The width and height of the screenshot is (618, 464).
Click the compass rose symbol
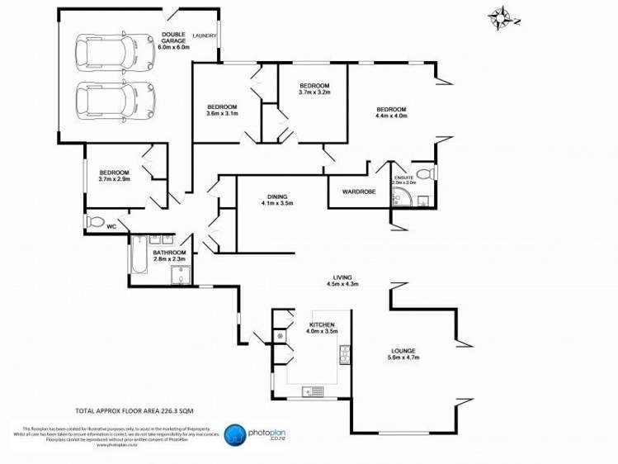coord(502,17)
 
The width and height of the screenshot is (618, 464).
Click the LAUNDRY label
coord(204,36)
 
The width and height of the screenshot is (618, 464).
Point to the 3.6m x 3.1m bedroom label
coord(222,111)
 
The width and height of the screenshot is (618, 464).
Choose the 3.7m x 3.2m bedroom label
coord(314,89)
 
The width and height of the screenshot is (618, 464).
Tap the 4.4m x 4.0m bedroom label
coord(391,113)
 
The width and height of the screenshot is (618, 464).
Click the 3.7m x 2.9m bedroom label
coord(115,174)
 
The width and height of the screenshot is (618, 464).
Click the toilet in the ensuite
coord(425,174)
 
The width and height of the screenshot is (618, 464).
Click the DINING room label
coord(277,199)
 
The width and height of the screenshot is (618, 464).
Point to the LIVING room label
coord(342,280)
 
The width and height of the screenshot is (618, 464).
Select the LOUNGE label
coord(403,355)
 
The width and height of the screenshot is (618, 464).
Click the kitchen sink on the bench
coord(312,391)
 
